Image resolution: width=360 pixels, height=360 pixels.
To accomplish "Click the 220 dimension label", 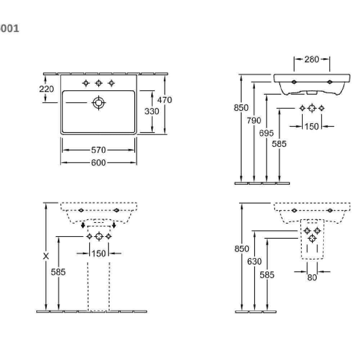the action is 46,89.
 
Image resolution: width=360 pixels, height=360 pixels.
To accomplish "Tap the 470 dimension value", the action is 165,100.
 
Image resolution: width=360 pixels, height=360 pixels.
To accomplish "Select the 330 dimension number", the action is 152,111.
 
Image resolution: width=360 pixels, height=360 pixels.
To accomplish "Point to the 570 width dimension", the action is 99,150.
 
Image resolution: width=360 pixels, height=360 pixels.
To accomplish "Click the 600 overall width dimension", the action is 99,163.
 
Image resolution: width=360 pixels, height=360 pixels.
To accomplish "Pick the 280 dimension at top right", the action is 312,59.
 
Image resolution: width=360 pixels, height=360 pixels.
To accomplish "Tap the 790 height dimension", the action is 254,121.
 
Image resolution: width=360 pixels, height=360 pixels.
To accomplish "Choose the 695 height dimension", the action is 266,133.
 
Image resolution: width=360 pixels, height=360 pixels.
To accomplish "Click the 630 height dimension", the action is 255,261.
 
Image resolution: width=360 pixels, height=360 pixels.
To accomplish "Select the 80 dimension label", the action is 312,278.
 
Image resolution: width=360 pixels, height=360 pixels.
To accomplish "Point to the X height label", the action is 46,256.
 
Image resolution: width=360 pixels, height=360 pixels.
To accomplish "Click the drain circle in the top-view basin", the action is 99,103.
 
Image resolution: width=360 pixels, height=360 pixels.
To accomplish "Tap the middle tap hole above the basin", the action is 99,83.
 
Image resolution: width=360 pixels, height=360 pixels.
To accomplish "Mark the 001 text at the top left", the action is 9,29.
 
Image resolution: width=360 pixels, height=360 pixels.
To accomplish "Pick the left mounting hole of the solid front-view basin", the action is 294,82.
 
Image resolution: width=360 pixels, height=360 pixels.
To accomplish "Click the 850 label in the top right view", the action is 241,108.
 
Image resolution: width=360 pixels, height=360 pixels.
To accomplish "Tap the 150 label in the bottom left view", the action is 99,254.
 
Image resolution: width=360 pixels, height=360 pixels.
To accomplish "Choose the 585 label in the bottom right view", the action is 267,275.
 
